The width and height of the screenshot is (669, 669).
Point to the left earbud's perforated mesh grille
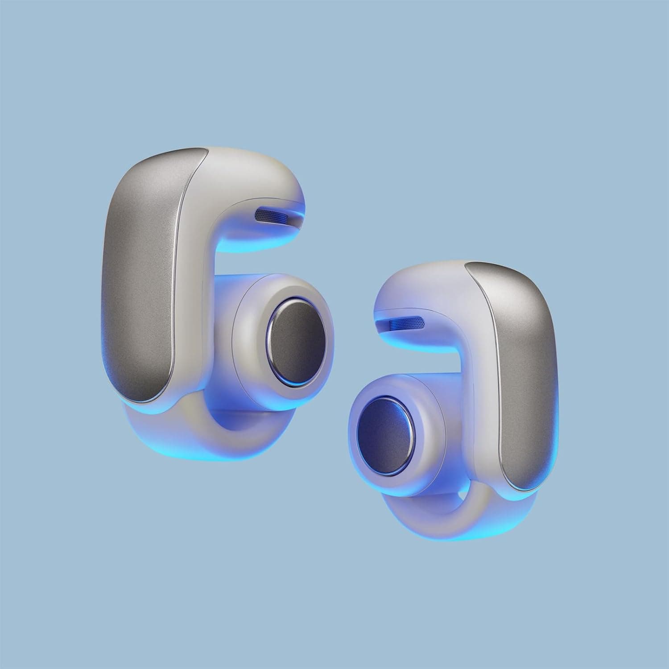coord(272,216)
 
